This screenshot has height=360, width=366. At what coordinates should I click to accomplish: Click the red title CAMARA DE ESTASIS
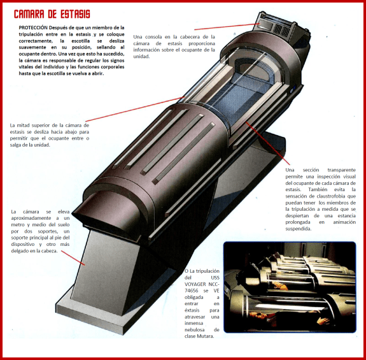tap(52, 14)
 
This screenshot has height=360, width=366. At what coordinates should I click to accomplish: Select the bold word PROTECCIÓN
tap(33, 27)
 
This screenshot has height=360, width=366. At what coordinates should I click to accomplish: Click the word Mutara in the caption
tap(205, 336)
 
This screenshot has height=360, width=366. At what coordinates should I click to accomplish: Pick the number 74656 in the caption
tap(191, 291)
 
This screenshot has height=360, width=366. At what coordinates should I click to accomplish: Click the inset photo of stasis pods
tap(290, 287)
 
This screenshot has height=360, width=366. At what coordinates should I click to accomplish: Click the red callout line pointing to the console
tap(227, 27)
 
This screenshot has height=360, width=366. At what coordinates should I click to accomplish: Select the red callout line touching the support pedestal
tap(73, 258)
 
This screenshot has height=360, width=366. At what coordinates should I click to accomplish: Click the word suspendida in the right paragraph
tap(299, 229)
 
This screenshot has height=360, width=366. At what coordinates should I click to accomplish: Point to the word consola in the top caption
tap(153, 37)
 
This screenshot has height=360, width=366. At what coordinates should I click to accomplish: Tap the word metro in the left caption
tap(18, 225)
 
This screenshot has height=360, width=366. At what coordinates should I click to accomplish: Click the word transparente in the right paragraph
tap(341, 170)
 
